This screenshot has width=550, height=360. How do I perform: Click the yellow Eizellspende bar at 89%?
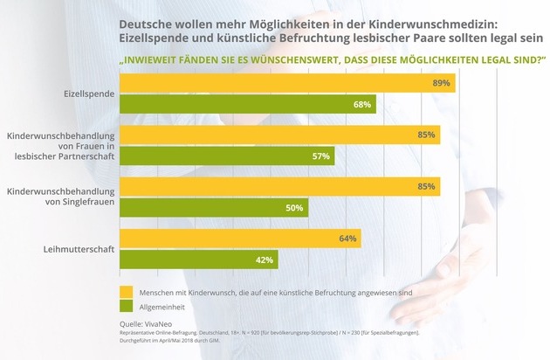click(x=287, y=83)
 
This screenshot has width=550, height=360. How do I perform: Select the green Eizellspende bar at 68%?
click(x=247, y=105)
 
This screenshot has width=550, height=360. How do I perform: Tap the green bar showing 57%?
click(x=226, y=156)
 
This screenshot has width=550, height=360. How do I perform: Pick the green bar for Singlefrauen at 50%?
click(x=213, y=208)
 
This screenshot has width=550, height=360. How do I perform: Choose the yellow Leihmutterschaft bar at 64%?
click(x=239, y=238)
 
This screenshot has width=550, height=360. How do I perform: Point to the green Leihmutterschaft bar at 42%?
click(x=198, y=260)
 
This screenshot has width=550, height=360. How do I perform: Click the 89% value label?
click(x=440, y=84)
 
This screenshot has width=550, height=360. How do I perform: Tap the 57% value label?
click(x=320, y=157)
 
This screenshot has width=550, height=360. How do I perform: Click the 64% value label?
click(x=346, y=239)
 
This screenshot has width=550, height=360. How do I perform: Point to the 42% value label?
click(x=263, y=260)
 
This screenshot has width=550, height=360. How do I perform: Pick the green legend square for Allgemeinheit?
click(x=125, y=308)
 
